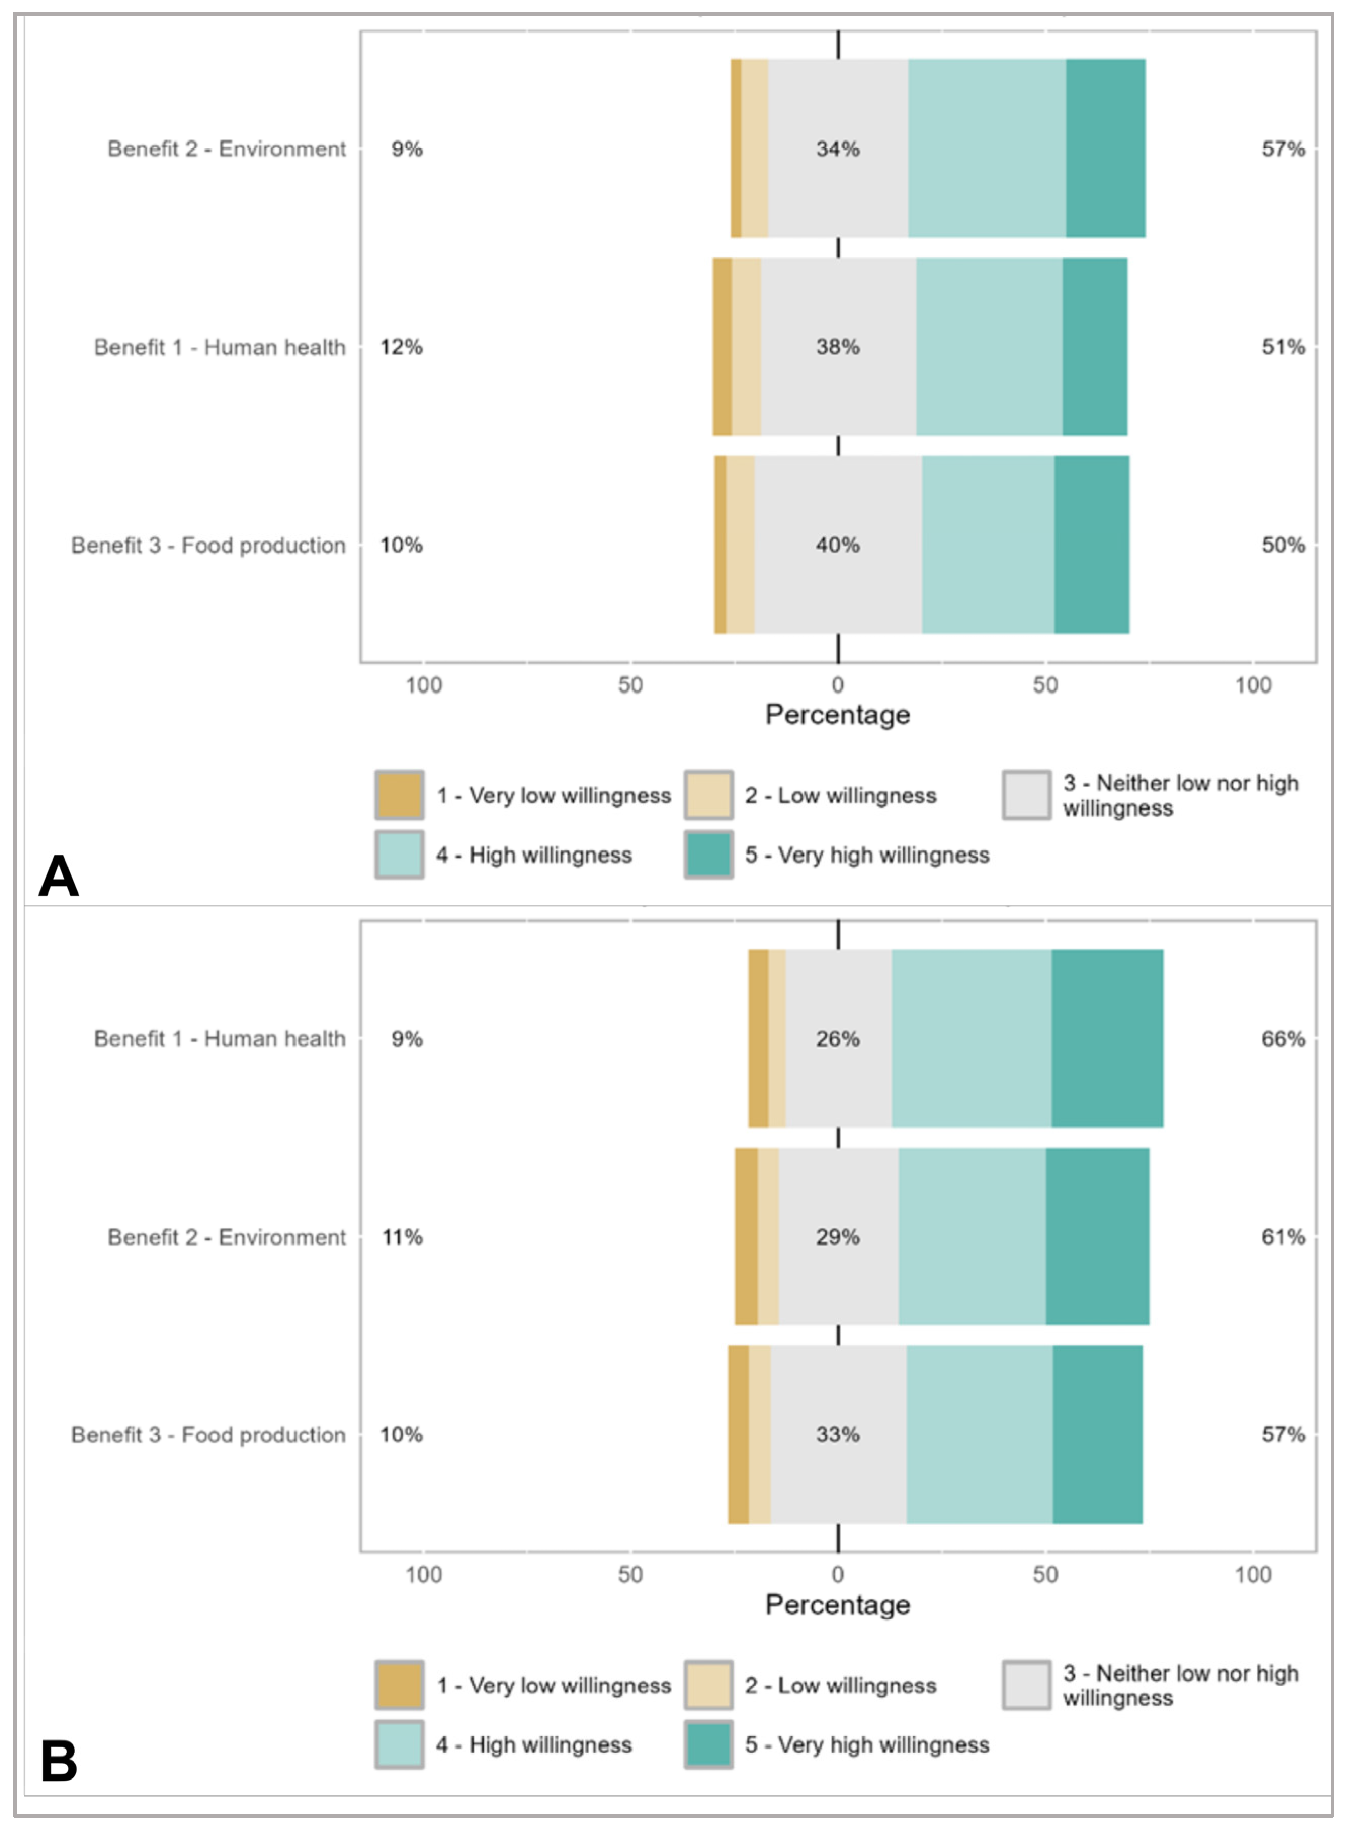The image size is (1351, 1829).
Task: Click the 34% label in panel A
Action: (x=837, y=149)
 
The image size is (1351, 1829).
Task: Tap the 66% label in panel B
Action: (x=1283, y=1039)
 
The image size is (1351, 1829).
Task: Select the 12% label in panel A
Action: (x=402, y=347)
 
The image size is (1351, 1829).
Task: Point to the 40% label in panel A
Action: (x=837, y=545)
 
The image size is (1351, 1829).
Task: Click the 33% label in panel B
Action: (x=837, y=1434)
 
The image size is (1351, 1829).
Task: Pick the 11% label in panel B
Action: (x=402, y=1237)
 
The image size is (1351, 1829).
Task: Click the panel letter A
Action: (x=59, y=876)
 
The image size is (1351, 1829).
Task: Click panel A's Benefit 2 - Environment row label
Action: (x=227, y=149)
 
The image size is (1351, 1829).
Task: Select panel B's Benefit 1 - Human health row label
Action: (x=220, y=1039)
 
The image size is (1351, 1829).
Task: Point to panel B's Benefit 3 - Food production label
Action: (x=208, y=1435)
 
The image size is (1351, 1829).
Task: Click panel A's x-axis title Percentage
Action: (x=837, y=715)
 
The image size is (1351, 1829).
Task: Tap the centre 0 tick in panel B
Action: (x=837, y=1574)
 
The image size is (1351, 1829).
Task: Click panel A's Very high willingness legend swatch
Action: (x=708, y=855)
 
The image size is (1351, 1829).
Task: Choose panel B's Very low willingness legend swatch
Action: (x=399, y=1685)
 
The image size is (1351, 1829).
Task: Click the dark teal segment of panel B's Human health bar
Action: (x=1107, y=1039)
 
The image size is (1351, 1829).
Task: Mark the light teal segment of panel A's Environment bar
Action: (x=987, y=149)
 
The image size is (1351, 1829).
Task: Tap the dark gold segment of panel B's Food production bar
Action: (x=738, y=1435)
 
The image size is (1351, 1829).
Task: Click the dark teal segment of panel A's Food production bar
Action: (x=1092, y=545)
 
